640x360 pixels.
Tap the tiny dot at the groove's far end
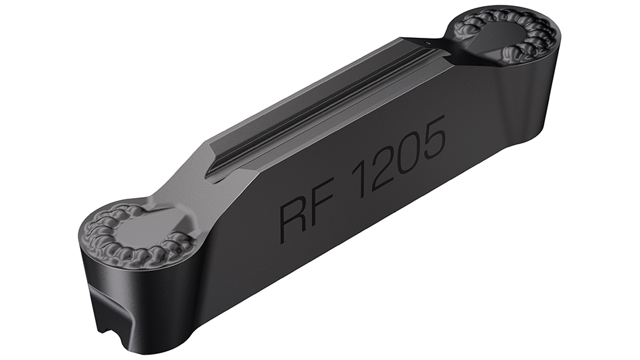tap(428, 43)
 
